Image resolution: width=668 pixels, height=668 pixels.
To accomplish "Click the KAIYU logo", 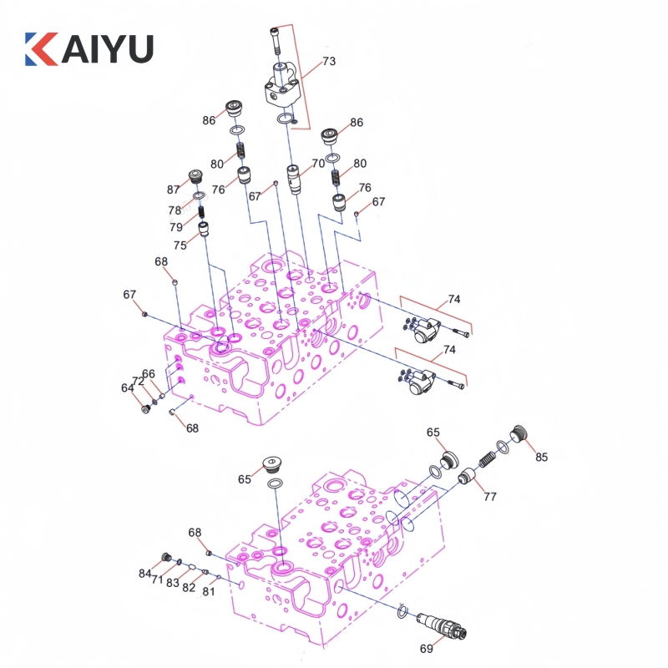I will [x=89, y=48].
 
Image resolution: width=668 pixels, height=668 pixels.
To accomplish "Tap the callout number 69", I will [x=426, y=648].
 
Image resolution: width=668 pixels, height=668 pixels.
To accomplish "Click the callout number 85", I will [x=542, y=457].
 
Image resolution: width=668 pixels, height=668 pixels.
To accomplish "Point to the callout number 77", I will [x=489, y=496].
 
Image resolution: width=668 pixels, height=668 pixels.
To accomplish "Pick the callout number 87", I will [x=174, y=190].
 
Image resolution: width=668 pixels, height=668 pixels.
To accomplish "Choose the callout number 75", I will [x=180, y=245].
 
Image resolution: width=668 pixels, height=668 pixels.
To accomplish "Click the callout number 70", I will [x=317, y=164].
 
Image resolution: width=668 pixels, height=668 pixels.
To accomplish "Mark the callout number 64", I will [x=127, y=387].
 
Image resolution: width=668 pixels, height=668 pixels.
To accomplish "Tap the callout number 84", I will [x=145, y=573].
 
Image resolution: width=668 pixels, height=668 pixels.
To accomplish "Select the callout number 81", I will [x=208, y=592].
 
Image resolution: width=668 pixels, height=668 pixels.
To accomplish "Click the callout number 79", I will [x=175, y=227].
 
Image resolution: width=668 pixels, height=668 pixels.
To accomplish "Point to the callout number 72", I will [x=139, y=381].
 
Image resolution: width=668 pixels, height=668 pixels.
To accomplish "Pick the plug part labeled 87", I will [x=198, y=176].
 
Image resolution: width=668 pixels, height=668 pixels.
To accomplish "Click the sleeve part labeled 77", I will [x=466, y=478].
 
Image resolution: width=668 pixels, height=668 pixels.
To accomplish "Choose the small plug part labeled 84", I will [x=165, y=558].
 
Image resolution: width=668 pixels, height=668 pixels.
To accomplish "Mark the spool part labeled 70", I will [x=295, y=179].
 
